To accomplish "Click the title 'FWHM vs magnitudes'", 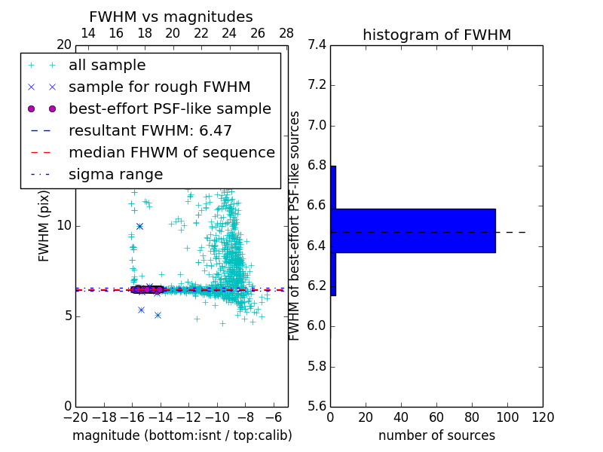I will click(171, 17).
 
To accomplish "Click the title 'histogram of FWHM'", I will click(436, 35).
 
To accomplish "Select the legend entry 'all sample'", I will click(107, 66).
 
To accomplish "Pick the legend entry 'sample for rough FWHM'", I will click(159, 87).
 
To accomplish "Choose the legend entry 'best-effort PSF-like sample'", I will click(170, 108).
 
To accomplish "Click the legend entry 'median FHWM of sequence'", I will click(171, 152).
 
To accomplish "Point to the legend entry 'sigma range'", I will click(115, 174).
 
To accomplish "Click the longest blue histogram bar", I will click(413, 231).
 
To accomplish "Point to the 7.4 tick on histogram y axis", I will click(317, 45).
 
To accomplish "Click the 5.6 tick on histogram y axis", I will click(317, 407).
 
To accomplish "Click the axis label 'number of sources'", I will click(436, 435).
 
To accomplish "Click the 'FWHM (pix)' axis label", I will click(44, 226).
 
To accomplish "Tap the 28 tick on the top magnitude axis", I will click(286, 33).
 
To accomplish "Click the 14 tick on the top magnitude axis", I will click(87, 33).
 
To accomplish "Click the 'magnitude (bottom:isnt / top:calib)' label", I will click(182, 435).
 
